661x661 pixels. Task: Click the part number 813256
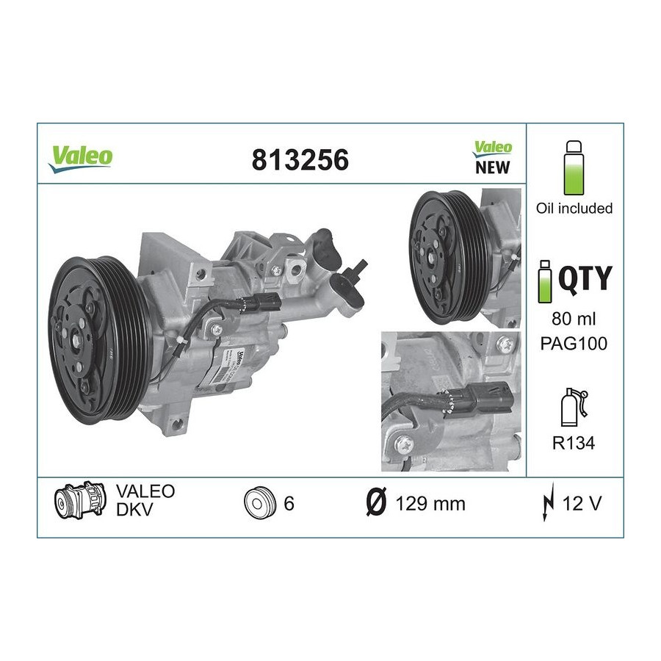300,160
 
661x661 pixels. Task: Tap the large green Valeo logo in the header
81,159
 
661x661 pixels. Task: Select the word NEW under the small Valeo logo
492,167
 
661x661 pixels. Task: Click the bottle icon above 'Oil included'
574,167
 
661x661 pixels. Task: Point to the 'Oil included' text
574,209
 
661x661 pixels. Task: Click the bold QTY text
585,278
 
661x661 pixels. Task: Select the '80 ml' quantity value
574,319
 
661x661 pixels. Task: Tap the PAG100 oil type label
574,343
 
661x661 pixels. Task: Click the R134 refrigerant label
574,443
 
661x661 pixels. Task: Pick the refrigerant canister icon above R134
574,407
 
